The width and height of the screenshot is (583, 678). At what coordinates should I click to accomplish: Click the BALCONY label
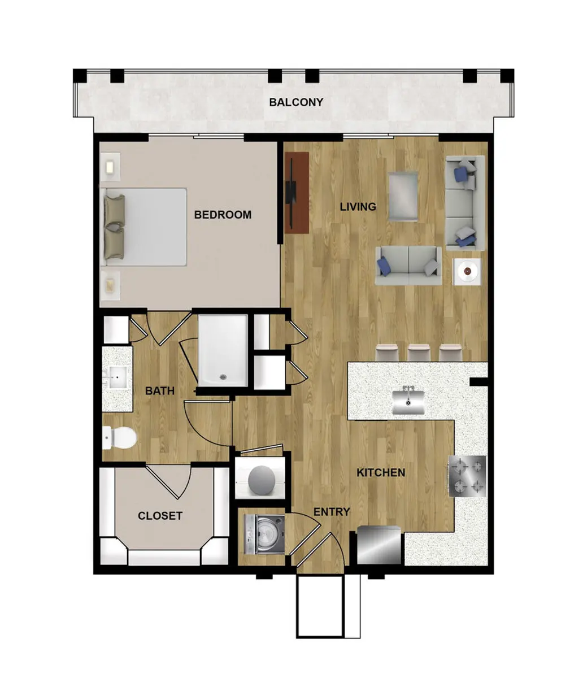(x=295, y=102)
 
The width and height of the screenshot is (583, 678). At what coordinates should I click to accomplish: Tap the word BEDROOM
(x=223, y=215)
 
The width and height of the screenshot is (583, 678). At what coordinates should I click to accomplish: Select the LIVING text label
(x=358, y=207)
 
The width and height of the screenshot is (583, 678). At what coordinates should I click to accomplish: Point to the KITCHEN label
(x=381, y=472)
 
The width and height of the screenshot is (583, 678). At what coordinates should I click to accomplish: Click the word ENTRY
(x=332, y=512)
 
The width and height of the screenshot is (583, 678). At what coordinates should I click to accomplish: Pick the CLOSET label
(x=160, y=515)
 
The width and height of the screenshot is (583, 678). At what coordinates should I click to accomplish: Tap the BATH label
(x=160, y=391)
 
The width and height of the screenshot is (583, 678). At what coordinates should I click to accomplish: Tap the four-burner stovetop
(x=467, y=476)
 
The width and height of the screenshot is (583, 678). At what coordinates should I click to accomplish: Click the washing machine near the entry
(x=264, y=534)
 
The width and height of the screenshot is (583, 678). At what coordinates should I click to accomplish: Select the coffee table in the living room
(x=403, y=196)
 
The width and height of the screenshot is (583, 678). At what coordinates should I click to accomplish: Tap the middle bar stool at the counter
(x=419, y=353)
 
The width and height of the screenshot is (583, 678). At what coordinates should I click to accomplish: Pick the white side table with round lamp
(x=467, y=272)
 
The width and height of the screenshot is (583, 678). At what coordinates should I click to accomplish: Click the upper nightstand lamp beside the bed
(x=111, y=167)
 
